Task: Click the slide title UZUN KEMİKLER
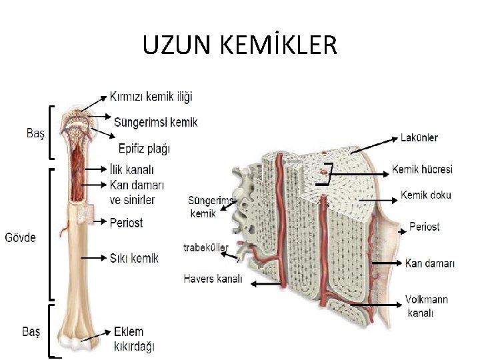coord(240,46)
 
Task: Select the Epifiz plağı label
coord(143,147)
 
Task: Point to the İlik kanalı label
coord(132,169)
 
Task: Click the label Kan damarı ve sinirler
coord(136,191)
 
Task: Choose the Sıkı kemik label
coord(134,257)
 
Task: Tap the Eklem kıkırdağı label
coord(134,339)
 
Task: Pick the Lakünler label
coord(419,138)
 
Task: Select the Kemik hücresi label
coord(422,170)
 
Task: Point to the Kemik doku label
coord(425,195)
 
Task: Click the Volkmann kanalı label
coord(427,306)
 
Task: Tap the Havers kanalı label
coord(213,279)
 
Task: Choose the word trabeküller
coord(206,248)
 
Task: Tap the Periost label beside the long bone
coord(126,223)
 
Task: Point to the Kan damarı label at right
coord(430,263)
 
